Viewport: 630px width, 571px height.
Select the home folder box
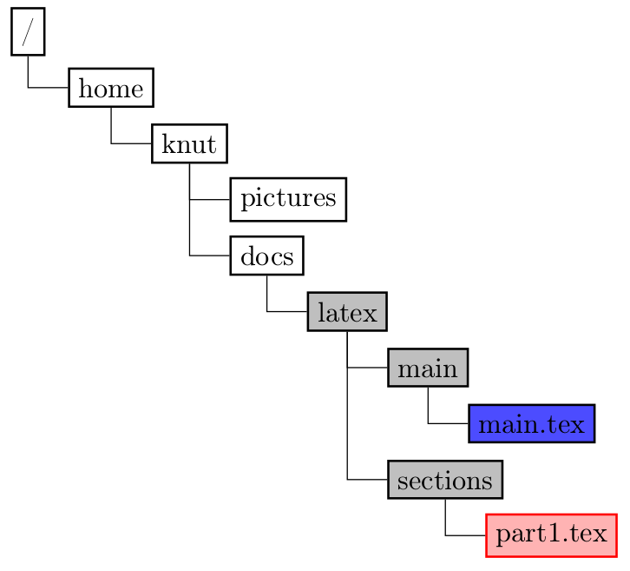[111, 87]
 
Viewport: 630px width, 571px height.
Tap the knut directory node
[189, 143]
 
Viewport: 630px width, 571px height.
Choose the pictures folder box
[288, 199]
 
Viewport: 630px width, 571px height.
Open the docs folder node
[266, 256]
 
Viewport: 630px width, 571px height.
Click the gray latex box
[346, 311]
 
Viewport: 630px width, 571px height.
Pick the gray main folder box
[428, 368]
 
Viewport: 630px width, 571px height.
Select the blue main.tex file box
[531, 423]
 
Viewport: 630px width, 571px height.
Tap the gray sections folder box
[445, 479]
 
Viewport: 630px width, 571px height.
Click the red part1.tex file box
[552, 534]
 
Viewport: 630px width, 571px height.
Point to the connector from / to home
[48, 87]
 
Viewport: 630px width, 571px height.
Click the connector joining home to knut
[130, 143]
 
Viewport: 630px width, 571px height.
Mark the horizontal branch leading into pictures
[210, 199]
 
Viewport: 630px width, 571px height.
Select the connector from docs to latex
[286, 311]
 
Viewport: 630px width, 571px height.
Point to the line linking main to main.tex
[447, 423]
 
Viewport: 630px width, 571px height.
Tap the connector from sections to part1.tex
[465, 534]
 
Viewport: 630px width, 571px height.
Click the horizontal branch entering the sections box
[367, 479]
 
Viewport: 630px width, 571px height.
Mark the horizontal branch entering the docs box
[210, 256]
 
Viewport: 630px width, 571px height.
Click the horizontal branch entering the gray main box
[367, 368]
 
